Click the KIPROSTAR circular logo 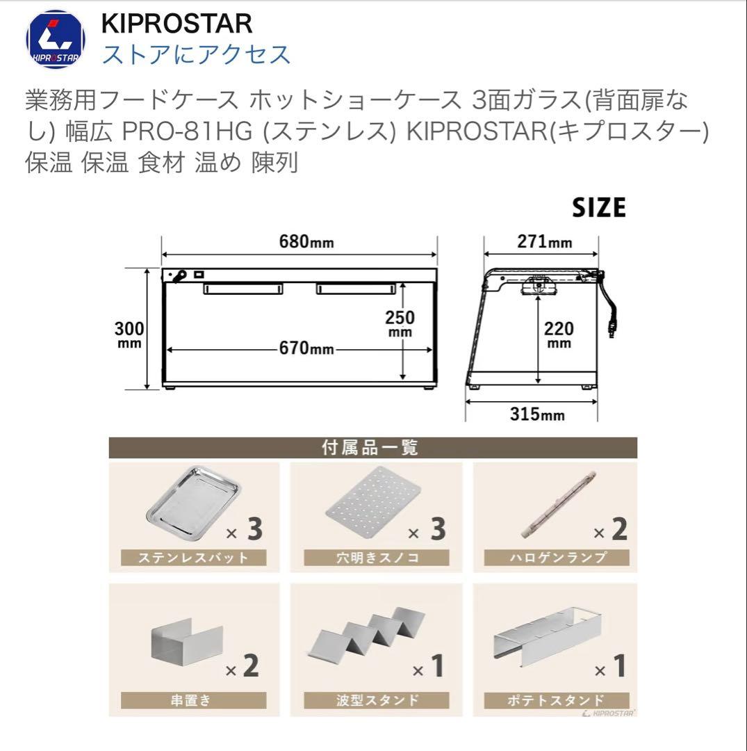[x=56, y=40]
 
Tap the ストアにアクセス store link [x=196, y=54]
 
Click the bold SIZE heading [x=598, y=207]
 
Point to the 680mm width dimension [x=306, y=242]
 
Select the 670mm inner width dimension [x=303, y=348]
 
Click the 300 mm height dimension [x=129, y=334]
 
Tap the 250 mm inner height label [x=400, y=323]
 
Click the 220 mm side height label [x=558, y=334]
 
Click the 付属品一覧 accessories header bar [x=372, y=447]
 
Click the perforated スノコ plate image [x=372, y=503]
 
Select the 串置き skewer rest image [x=186, y=644]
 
